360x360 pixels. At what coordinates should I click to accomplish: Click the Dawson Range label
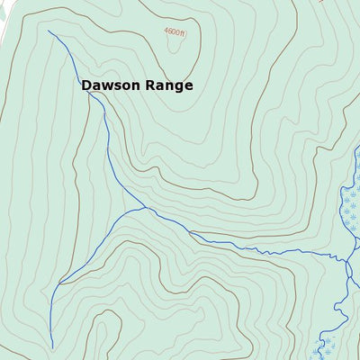tap(137, 85)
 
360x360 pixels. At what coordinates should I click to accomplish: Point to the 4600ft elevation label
tap(175, 31)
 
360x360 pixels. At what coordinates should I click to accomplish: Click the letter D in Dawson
tap(86, 85)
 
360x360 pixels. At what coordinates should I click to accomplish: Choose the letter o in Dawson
tap(126, 86)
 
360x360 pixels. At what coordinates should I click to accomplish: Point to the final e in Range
tap(188, 86)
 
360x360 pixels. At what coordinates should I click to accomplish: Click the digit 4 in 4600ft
tap(166, 31)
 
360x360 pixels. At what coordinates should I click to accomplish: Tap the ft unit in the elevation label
tap(182, 31)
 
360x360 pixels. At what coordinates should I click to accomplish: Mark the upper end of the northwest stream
tap(48, 31)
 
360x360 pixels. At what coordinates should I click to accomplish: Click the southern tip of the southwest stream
tap(51, 347)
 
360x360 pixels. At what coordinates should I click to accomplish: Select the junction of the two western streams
tap(146, 208)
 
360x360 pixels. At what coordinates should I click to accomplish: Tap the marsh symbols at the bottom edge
tap(329, 346)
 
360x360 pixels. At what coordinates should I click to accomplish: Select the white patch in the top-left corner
tap(4, 18)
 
